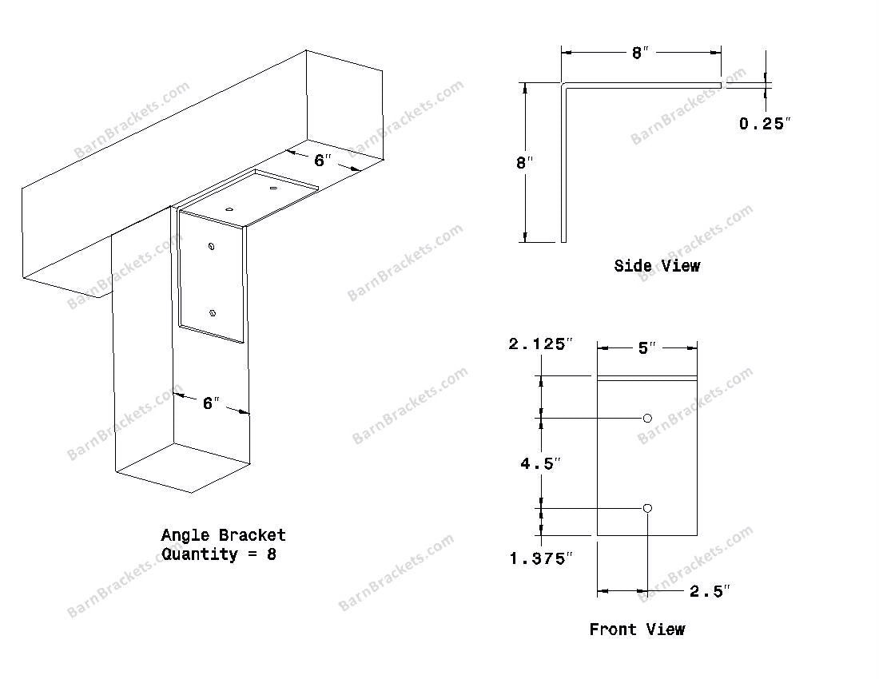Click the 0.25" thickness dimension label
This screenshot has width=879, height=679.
coord(764,123)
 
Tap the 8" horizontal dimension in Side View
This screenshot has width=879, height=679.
coord(640,53)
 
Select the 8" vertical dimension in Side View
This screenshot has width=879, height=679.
coord(524,162)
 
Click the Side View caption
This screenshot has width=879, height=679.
coord(657,265)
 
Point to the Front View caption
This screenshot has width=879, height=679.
coord(637,629)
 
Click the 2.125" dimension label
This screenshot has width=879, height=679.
coord(541,343)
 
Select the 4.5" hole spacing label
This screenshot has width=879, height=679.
coord(540,463)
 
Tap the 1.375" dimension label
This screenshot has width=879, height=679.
coord(541,558)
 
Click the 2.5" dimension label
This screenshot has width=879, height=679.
coord(710,591)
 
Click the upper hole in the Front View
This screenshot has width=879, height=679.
coord(647,418)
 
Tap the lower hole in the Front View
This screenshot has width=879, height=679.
coord(647,508)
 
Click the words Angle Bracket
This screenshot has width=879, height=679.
coord(223,535)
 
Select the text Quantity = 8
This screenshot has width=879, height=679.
coord(219,554)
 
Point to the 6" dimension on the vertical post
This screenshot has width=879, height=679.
coord(211,403)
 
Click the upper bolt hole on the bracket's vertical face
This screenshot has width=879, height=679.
coord(211,246)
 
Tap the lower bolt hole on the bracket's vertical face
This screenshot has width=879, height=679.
coord(212,313)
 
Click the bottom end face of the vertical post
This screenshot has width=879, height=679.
coord(183,468)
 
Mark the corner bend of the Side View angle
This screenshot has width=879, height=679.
coord(564,85)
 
